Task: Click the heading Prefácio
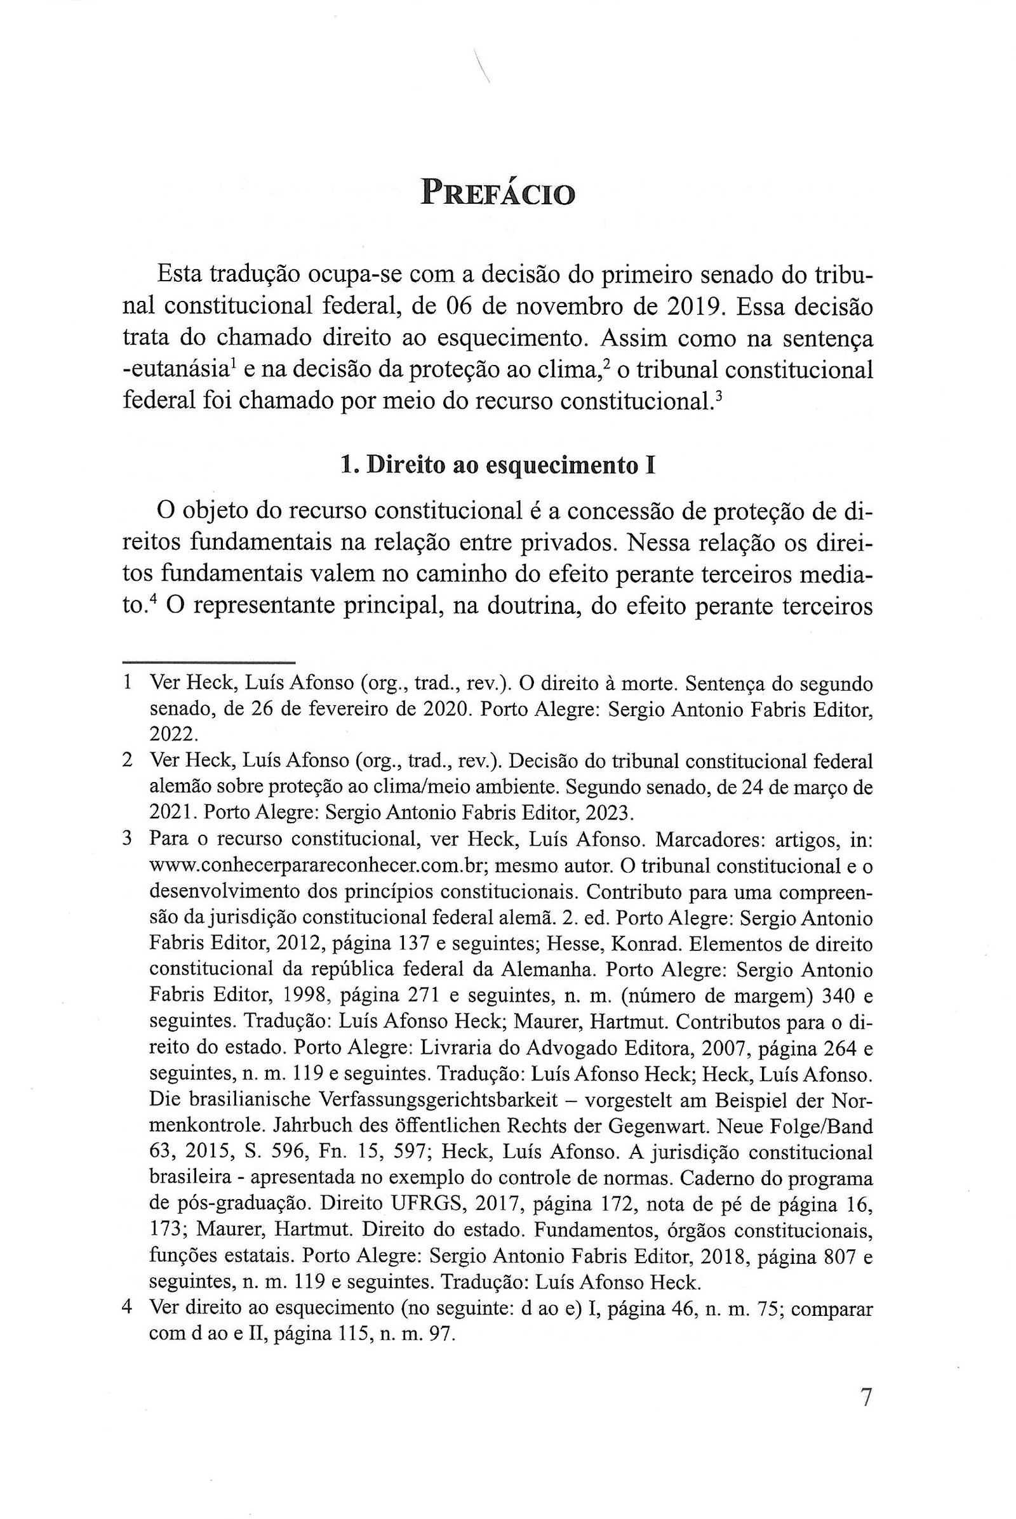click(x=497, y=192)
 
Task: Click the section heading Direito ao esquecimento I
click(x=497, y=467)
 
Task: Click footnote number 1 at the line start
click(x=128, y=683)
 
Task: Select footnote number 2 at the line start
click(x=128, y=760)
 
